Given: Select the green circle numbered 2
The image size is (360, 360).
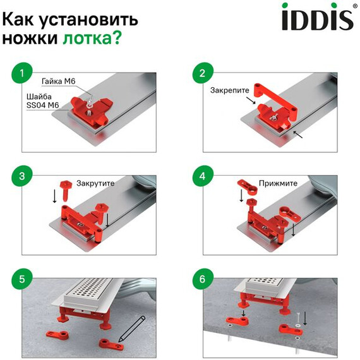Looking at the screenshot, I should coord(203,74).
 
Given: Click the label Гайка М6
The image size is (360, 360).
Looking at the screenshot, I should coord(57,81).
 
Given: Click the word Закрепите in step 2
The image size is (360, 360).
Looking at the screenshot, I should coord(230,90).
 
